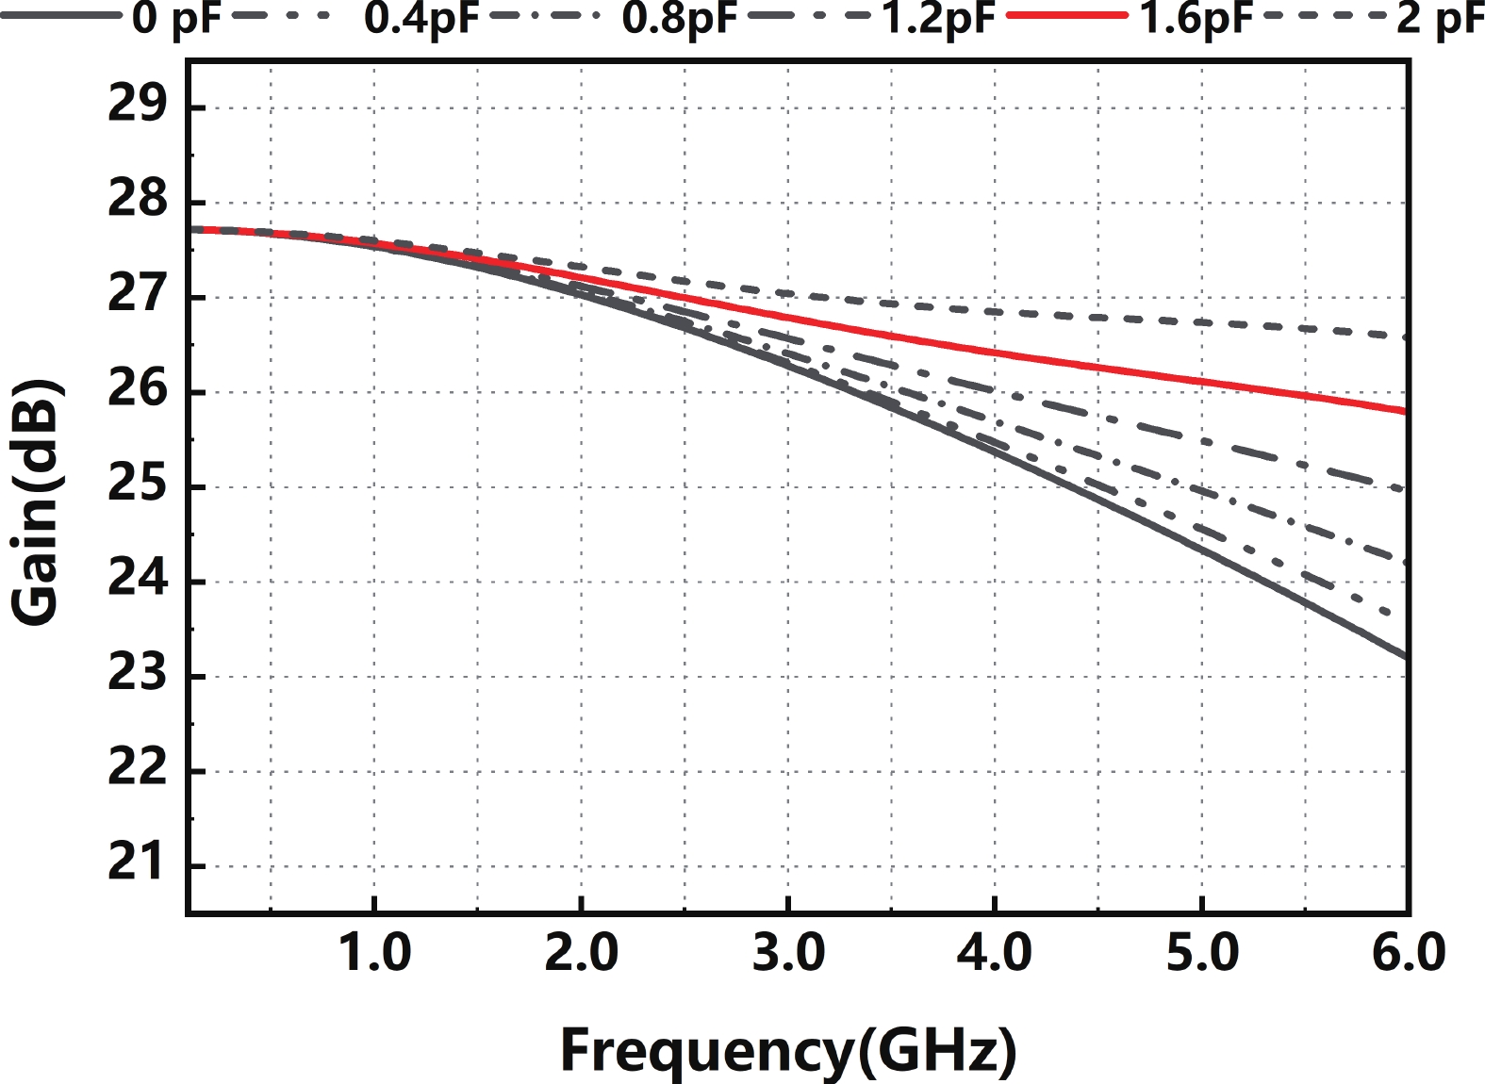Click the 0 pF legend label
tap(176, 19)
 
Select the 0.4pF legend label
tap(421, 19)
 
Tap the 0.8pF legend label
tap(679, 19)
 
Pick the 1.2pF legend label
tap(938, 19)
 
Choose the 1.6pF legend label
tap(1196, 19)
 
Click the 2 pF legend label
tap(1440, 19)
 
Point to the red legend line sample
tap(1066, 17)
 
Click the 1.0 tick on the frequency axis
tap(374, 952)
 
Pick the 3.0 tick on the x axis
tap(788, 952)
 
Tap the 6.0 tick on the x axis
tap(1408, 952)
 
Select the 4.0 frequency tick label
tap(995, 952)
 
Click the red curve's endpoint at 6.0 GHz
tap(1406, 411)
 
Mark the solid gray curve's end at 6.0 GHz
tap(1406, 656)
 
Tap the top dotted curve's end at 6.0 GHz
tap(1406, 337)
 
